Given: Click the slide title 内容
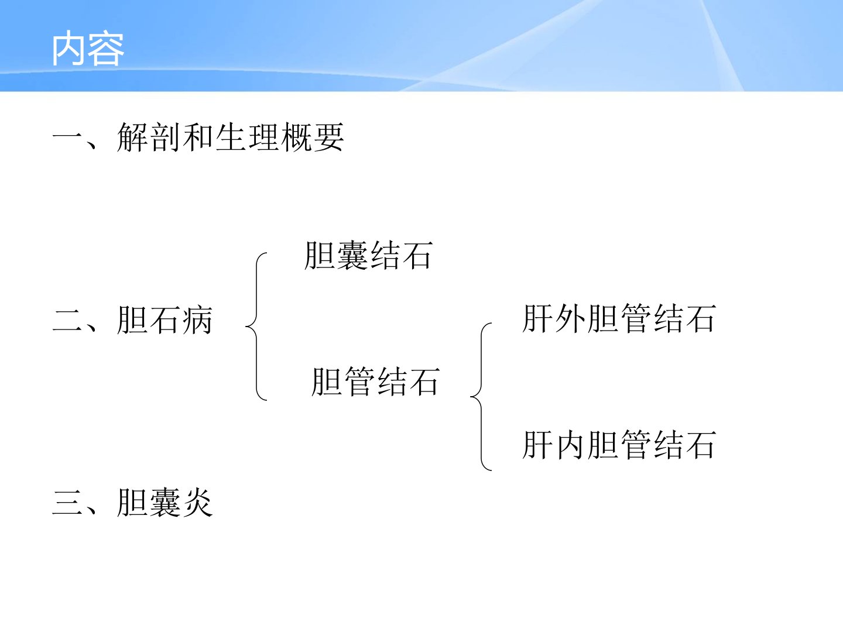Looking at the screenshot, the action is click(x=88, y=48).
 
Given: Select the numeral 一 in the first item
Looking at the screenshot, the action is click(x=67, y=137).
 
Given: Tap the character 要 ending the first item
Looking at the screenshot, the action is click(x=329, y=138).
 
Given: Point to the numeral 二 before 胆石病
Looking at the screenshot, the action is click(x=67, y=320).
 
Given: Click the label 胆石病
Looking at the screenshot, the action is click(x=165, y=320).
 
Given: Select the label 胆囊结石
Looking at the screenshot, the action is click(x=369, y=256).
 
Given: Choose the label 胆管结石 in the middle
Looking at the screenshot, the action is click(x=376, y=382).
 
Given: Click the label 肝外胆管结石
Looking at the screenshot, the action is click(x=619, y=318).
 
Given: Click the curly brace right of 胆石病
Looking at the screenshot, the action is click(x=256, y=327).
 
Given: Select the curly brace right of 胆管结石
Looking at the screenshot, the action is click(x=481, y=397).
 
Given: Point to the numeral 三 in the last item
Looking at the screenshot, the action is click(x=67, y=503).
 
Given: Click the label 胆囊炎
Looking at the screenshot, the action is click(x=165, y=503).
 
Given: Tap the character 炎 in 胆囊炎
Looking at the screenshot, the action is click(x=197, y=503).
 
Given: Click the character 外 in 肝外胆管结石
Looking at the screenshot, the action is click(x=570, y=318).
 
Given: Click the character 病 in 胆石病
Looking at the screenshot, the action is click(x=197, y=320).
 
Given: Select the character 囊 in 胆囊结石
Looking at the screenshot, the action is click(x=352, y=256).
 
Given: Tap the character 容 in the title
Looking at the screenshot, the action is click(x=107, y=49).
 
